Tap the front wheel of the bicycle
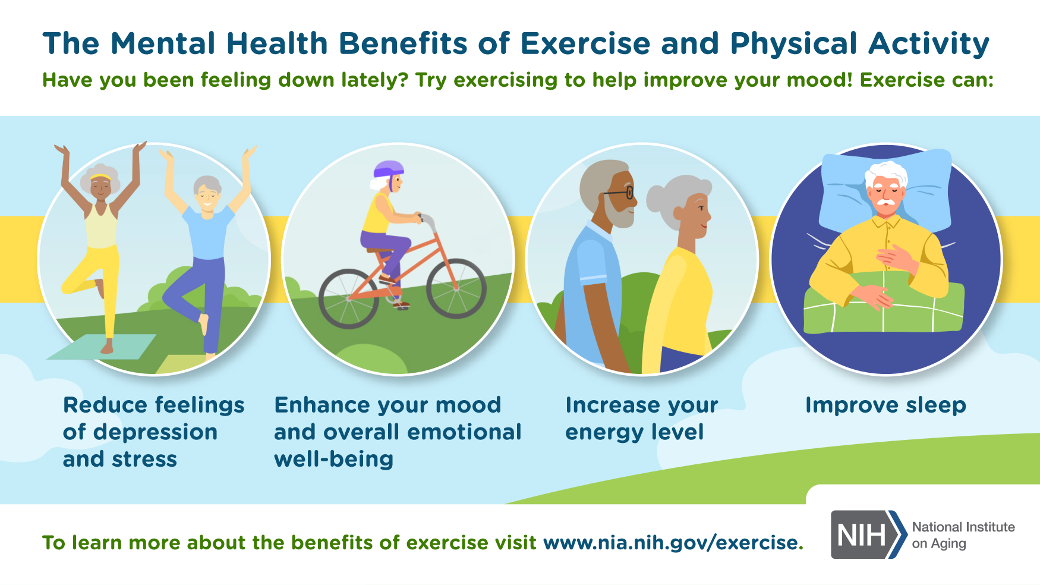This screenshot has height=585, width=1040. pos(456,289)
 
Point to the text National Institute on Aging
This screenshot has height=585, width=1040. pos(963,535)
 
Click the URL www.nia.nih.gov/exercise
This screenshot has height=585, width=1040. pos(673,543)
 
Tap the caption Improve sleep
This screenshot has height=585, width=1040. pos(885,405)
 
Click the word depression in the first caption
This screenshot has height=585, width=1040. pos(155,432)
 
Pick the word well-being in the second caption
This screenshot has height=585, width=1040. pos(333,460)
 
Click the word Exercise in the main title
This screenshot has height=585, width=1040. pos(585,43)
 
